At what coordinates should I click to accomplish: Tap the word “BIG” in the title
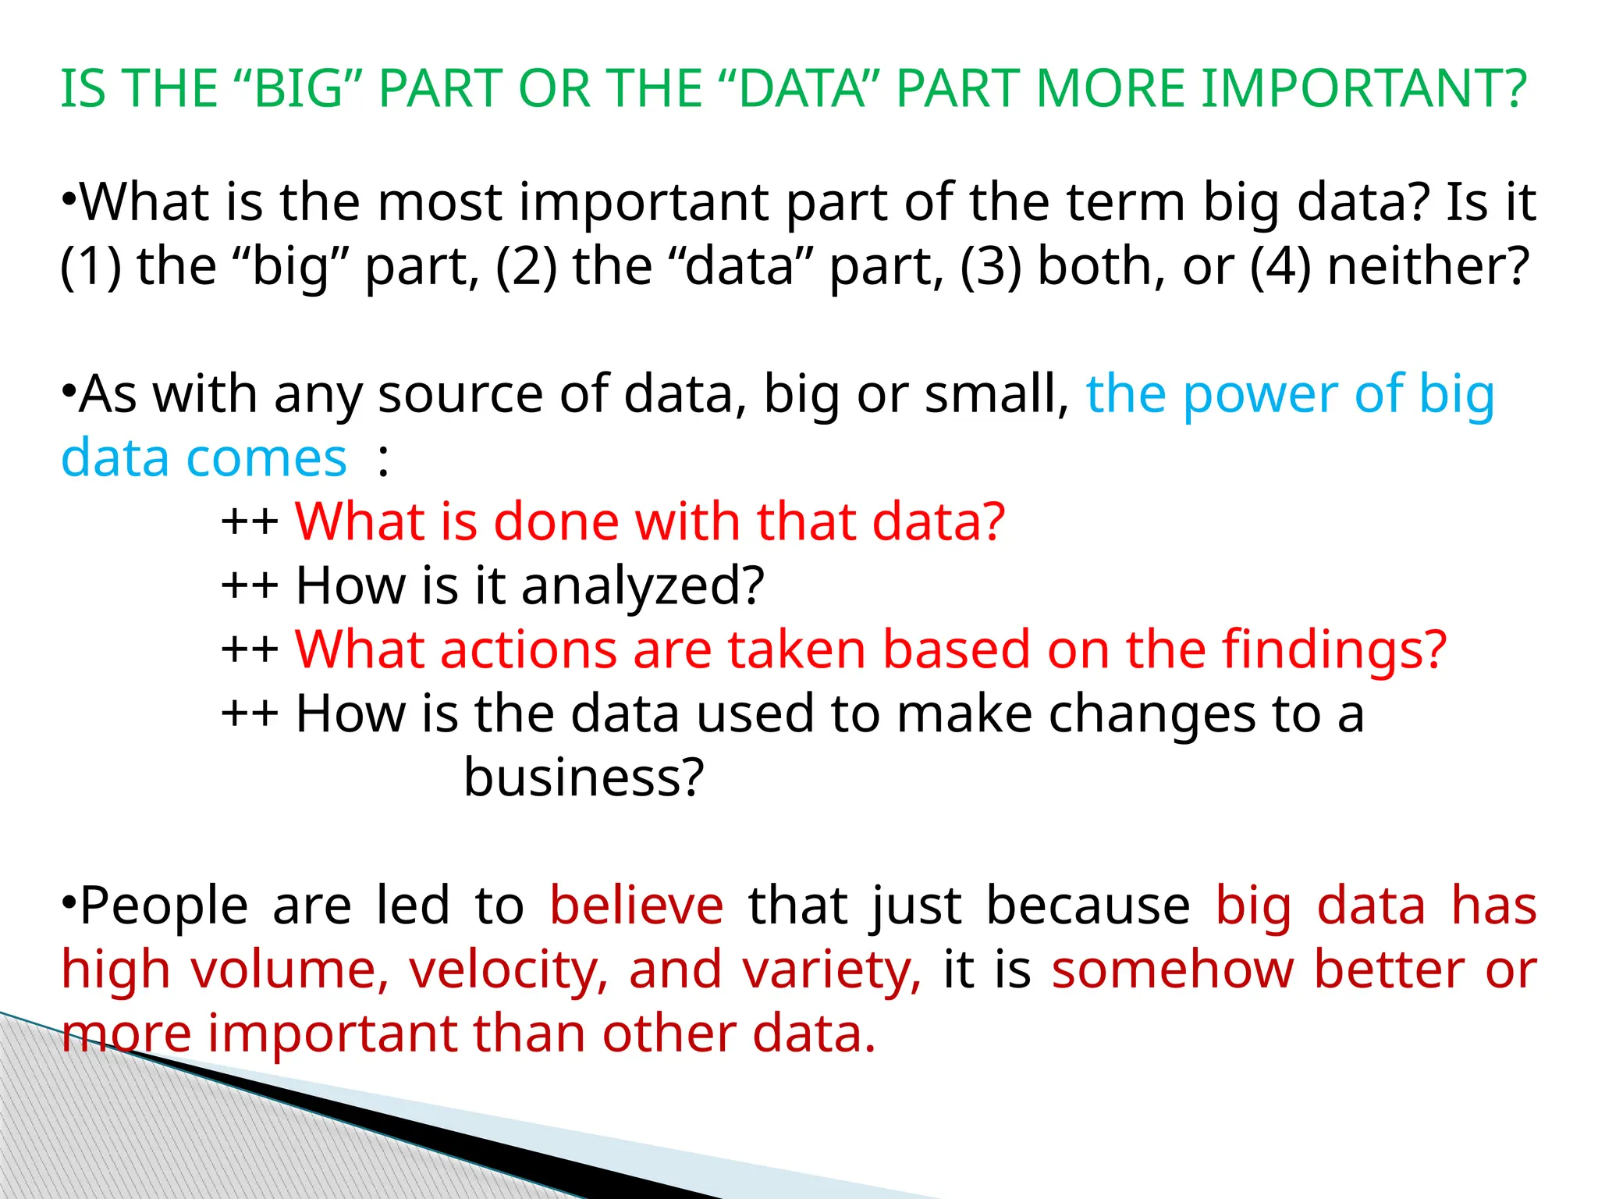pyautogui.click(x=299, y=88)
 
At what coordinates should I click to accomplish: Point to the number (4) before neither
pyautogui.click(x=1280, y=266)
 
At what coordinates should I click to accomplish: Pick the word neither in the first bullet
pyautogui.click(x=1428, y=266)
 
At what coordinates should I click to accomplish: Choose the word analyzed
pyautogui.click(x=642, y=586)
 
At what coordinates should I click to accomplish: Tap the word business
pyautogui.click(x=584, y=777)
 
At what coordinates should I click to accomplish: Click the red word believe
pyautogui.click(x=637, y=905)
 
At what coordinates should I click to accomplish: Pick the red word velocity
pyautogui.click(x=509, y=970)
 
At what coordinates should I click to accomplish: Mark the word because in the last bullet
pyautogui.click(x=1088, y=905)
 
